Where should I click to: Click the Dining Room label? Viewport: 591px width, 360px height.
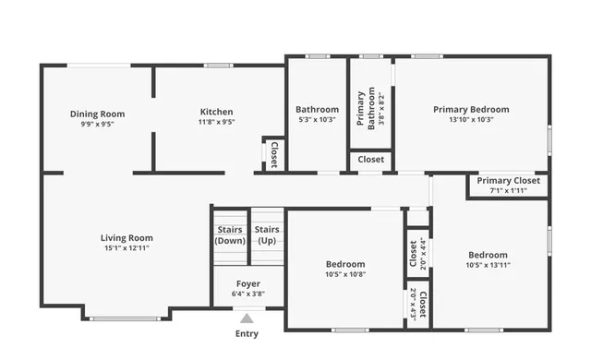(x=97, y=114)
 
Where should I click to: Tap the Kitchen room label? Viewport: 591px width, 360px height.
(x=216, y=112)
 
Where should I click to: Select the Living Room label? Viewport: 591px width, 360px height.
(x=127, y=237)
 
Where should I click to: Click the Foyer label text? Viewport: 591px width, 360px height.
(x=247, y=284)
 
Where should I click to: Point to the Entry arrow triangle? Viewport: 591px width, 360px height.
(x=247, y=318)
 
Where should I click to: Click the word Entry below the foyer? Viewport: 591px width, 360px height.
(x=247, y=333)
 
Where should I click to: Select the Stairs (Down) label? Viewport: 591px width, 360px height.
(x=230, y=234)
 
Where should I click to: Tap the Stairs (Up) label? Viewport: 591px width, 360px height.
(x=267, y=234)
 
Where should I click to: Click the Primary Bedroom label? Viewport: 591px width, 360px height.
(x=471, y=109)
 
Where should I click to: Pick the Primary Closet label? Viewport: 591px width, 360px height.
(x=508, y=181)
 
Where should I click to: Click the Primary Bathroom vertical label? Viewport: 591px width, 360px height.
(x=366, y=108)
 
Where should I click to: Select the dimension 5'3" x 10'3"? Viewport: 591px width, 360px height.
(x=317, y=119)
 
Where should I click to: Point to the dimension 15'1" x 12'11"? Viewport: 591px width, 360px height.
(x=127, y=247)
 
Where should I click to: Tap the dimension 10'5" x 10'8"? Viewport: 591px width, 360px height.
(x=345, y=273)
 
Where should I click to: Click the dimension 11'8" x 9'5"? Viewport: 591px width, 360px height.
(x=216, y=121)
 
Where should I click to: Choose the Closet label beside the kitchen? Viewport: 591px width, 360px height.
(x=273, y=155)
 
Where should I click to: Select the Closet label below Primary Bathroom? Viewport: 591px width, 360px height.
(x=371, y=160)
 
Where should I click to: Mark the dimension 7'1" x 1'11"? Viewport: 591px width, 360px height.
(x=508, y=190)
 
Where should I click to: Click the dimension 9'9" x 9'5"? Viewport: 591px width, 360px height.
(x=97, y=124)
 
